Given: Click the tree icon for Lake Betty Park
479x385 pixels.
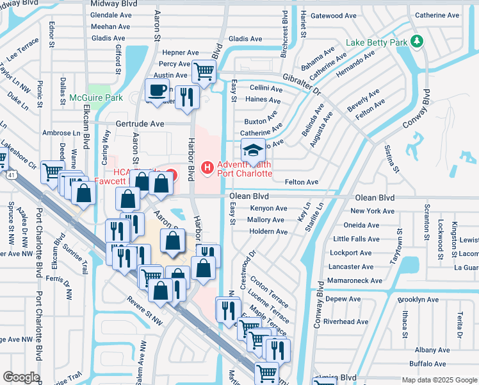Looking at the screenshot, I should click(x=417, y=42).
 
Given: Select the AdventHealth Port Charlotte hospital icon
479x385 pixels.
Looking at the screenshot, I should click(x=207, y=168).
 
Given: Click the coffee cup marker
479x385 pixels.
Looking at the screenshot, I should click(x=158, y=90).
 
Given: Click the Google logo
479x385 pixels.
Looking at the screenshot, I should click(x=20, y=377).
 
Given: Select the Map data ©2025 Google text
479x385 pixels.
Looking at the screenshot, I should click(x=439, y=380).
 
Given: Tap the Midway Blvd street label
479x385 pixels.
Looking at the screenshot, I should click(x=115, y=4).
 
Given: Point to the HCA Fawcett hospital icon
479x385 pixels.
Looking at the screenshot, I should click(x=170, y=173).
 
